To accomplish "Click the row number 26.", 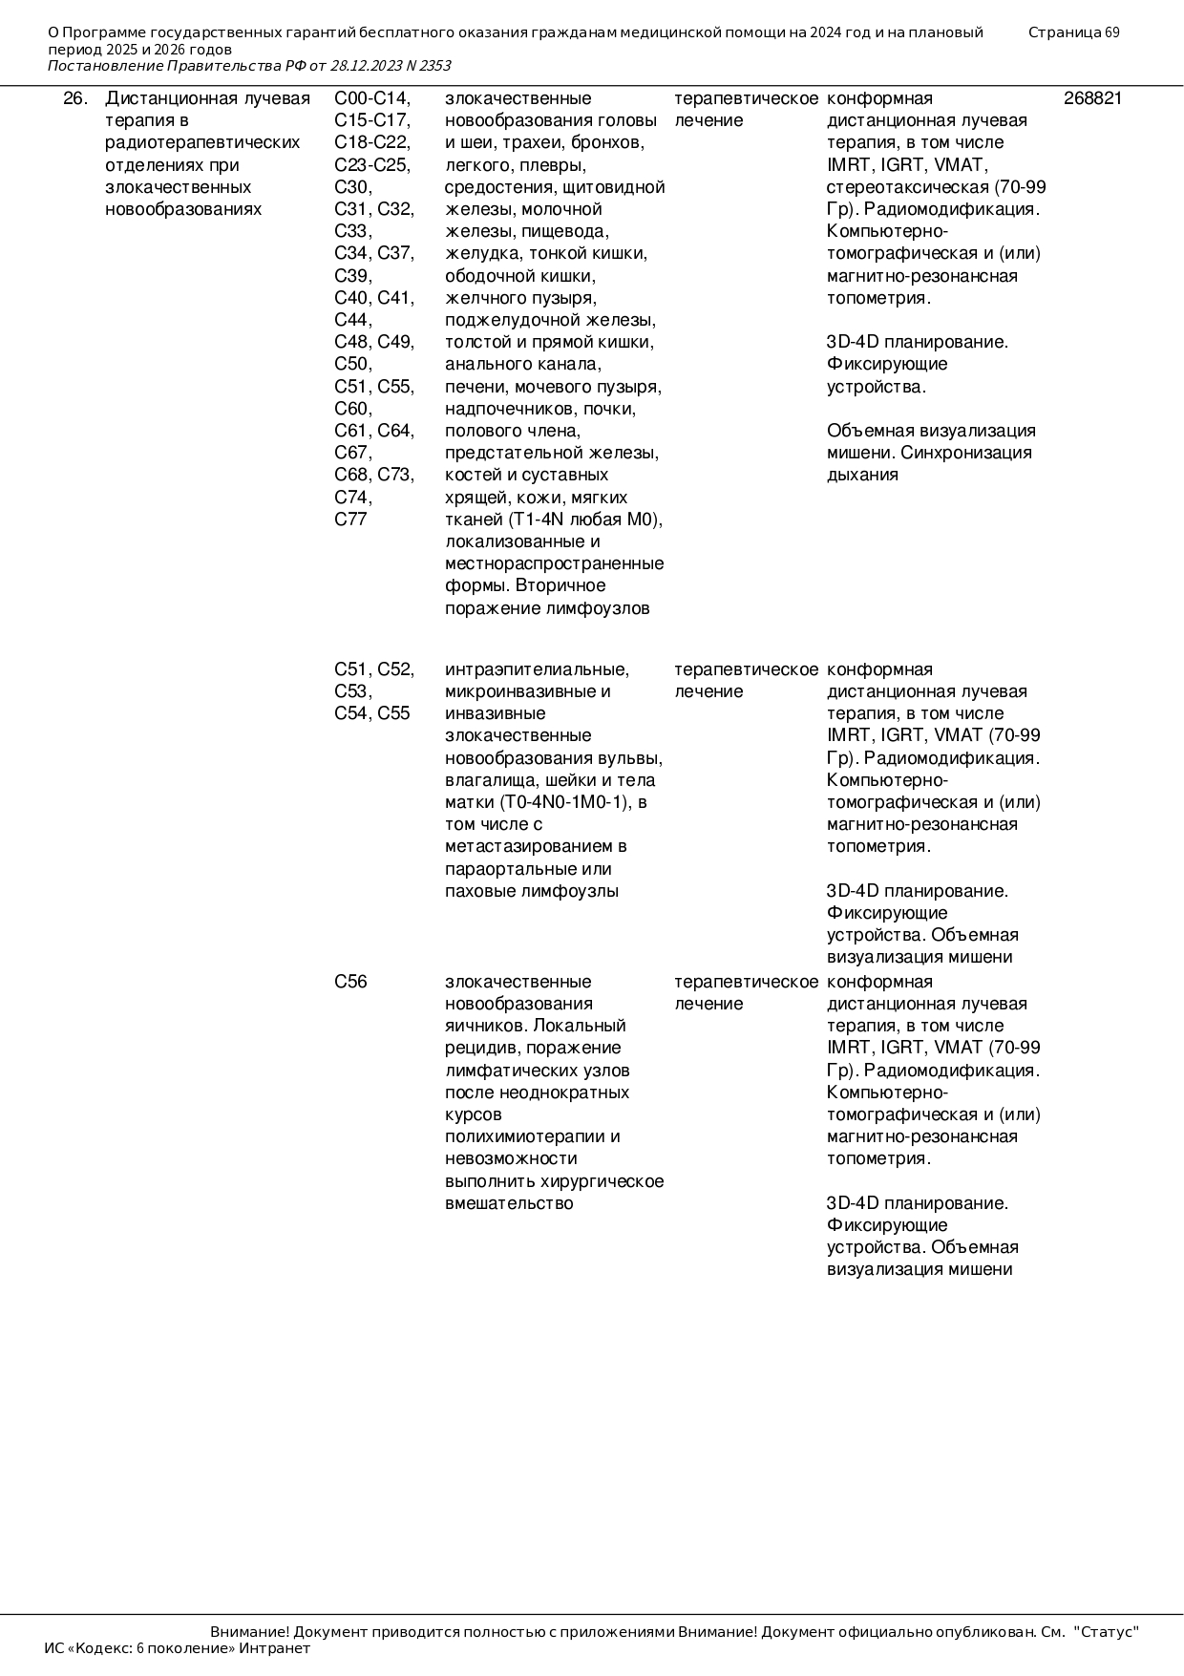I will click(75, 98).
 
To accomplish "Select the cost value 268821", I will click(1092, 98).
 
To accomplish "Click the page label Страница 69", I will click(1073, 32).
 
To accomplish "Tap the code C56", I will click(350, 982).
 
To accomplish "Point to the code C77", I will click(350, 520).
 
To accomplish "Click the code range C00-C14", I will click(372, 98).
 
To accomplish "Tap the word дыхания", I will click(862, 475).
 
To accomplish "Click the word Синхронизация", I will click(966, 453).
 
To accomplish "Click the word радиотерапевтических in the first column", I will click(202, 142).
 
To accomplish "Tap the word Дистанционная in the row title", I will click(160, 98).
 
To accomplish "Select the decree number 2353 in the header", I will click(433, 66).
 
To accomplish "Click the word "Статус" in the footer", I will click(1107, 1632).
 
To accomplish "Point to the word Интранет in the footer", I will click(275, 1647).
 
